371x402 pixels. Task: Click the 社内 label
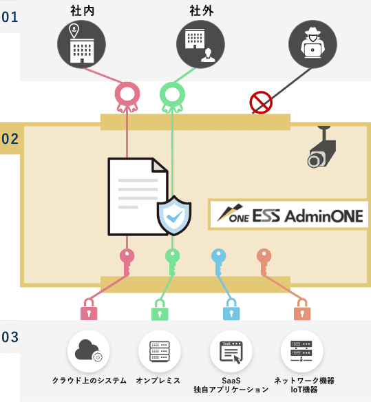tap(83, 11)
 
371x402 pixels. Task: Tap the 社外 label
tap(202, 11)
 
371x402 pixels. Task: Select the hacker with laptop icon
tap(312, 44)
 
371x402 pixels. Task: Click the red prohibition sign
tap(261, 103)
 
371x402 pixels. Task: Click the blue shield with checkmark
tap(174, 215)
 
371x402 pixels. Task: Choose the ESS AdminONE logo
tap(290, 215)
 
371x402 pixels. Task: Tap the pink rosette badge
tap(127, 97)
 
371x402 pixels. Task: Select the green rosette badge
tap(172, 97)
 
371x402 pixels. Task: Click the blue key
tap(218, 262)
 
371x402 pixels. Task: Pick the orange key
tap(264, 262)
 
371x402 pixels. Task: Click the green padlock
tap(160, 310)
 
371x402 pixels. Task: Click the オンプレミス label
tap(158, 381)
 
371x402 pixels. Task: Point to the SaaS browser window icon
tap(231, 352)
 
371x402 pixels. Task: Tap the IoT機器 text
tap(304, 390)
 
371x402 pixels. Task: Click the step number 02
tap(10, 139)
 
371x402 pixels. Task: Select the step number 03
tap(10, 337)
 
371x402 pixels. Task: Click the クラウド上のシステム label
tap(89, 381)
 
